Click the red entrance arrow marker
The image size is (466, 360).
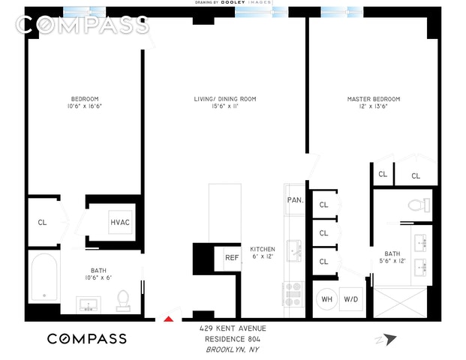tap(169, 319)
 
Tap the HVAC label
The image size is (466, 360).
tap(120, 223)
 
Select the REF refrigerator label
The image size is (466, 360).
tap(232, 257)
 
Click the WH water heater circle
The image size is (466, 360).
tap(326, 299)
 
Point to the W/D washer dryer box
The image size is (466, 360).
tap(351, 299)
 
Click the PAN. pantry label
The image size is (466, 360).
tap(296, 200)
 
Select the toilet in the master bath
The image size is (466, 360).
tap(419, 205)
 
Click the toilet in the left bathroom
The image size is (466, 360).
tap(123, 301)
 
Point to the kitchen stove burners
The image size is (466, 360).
tap(293, 294)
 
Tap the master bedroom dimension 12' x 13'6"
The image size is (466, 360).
tap(374, 106)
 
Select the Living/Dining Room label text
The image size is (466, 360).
tap(225, 99)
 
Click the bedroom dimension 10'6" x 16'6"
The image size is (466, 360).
tap(85, 106)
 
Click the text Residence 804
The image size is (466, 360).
tap(233, 339)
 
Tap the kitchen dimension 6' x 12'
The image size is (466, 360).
tap(263, 256)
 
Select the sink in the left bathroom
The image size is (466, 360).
tap(89, 304)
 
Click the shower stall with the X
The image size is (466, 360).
tap(400, 302)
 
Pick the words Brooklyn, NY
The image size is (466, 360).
tap(233, 349)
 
